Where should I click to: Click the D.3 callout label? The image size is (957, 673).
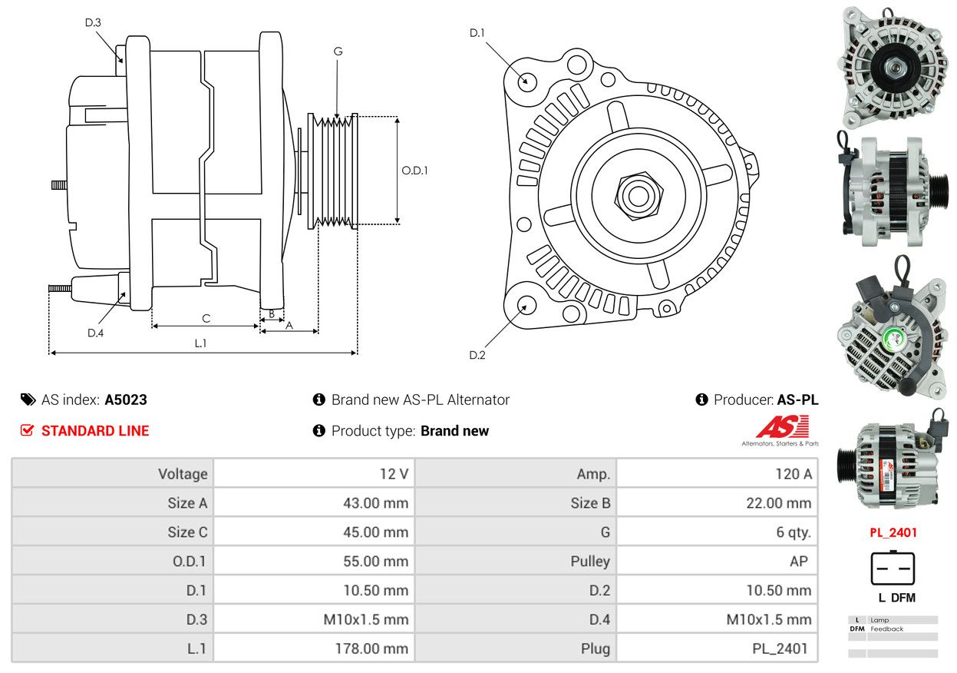click(93, 22)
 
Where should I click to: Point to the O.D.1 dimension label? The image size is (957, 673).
click(414, 171)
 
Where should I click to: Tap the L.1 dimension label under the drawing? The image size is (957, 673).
click(200, 343)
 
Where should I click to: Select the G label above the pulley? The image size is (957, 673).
click(338, 51)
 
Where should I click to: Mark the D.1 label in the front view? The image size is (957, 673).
click(477, 32)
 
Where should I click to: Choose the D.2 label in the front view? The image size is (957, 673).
click(477, 355)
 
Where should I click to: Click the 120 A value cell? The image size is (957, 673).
click(793, 474)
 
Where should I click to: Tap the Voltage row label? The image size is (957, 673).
click(183, 474)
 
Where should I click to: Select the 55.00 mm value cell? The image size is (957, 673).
click(375, 562)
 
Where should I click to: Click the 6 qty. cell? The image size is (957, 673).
click(793, 532)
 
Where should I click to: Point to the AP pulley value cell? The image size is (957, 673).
click(798, 562)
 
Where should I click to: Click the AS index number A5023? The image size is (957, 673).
click(126, 399)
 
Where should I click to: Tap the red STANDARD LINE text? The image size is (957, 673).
click(95, 431)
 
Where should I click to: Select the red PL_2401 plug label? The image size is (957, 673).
click(893, 532)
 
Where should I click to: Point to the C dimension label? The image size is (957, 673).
click(206, 318)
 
